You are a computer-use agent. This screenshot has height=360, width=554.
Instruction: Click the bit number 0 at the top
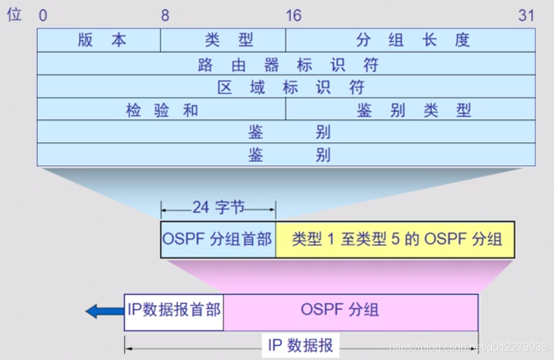pos(43,15)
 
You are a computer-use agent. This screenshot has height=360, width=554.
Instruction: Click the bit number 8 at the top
pos(165,15)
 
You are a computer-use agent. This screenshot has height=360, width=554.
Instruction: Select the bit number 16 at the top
pos(293,15)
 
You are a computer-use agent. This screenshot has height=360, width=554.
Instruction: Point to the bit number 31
pos(526,15)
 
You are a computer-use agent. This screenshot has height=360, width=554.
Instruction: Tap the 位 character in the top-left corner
pos(14,15)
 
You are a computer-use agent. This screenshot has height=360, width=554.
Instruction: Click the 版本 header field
pos(99,40)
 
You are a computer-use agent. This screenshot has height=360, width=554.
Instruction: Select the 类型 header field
pos(223,40)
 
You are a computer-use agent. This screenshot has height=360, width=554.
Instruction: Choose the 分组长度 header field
pos(410,40)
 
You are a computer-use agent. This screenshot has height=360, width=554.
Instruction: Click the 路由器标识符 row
pos(286,64)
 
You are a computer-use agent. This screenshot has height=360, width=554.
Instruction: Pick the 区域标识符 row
pos(286,87)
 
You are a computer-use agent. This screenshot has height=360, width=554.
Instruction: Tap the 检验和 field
pos(161,110)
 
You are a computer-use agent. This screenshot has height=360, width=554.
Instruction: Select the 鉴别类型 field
pos(410,110)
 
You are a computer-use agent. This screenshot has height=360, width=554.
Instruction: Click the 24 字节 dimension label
pos(218,208)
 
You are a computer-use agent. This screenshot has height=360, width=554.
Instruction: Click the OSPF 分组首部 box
pos(218,239)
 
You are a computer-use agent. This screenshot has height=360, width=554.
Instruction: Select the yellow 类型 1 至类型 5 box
pos(396,239)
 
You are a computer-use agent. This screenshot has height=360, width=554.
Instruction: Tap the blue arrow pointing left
pos(101,310)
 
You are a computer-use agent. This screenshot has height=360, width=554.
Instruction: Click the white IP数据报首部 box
pos(174,310)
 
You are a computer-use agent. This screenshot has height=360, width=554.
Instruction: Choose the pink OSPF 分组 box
pos(350,310)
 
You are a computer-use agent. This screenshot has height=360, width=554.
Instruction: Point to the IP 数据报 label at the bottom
pos(300,346)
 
